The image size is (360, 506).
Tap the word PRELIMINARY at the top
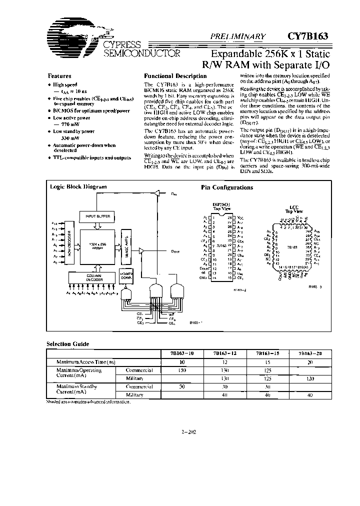pos(238,36)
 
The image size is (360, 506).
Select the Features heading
pos(59,76)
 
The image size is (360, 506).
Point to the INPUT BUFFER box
pos(97,216)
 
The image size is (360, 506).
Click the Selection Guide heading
pos(67,344)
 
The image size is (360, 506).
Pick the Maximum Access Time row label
pos(86,361)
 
